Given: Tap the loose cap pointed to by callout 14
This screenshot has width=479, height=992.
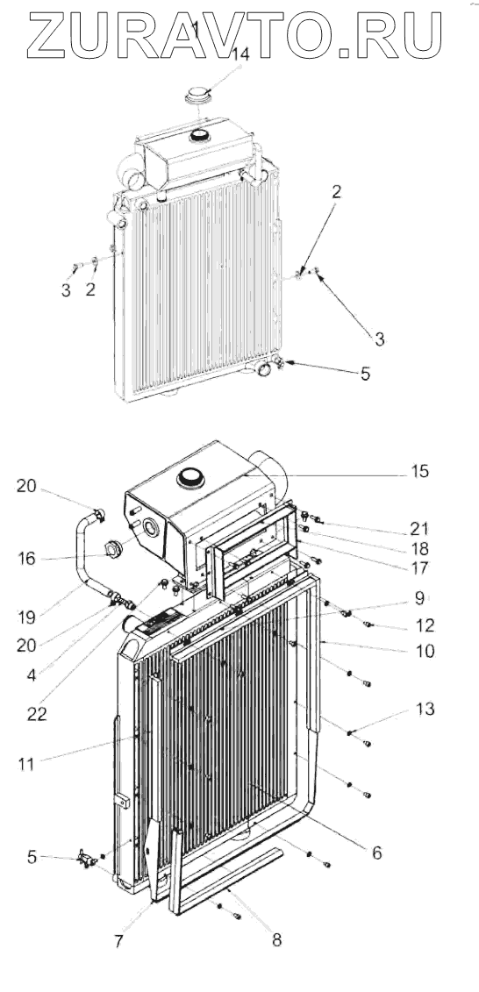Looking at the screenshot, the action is [x=198, y=96].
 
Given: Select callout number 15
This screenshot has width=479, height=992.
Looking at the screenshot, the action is [x=419, y=471].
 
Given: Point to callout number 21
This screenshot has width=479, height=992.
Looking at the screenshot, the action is [x=418, y=528].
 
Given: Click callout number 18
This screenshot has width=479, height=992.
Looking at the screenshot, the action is [x=418, y=548].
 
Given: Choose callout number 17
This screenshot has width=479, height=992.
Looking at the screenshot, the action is [x=419, y=567].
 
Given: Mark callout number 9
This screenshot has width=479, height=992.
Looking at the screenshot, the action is [x=420, y=596].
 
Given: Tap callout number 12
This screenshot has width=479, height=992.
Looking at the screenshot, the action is [x=425, y=625].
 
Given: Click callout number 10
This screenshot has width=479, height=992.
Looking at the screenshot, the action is [x=425, y=650].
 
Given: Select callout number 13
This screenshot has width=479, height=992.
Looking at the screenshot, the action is [x=425, y=710].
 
